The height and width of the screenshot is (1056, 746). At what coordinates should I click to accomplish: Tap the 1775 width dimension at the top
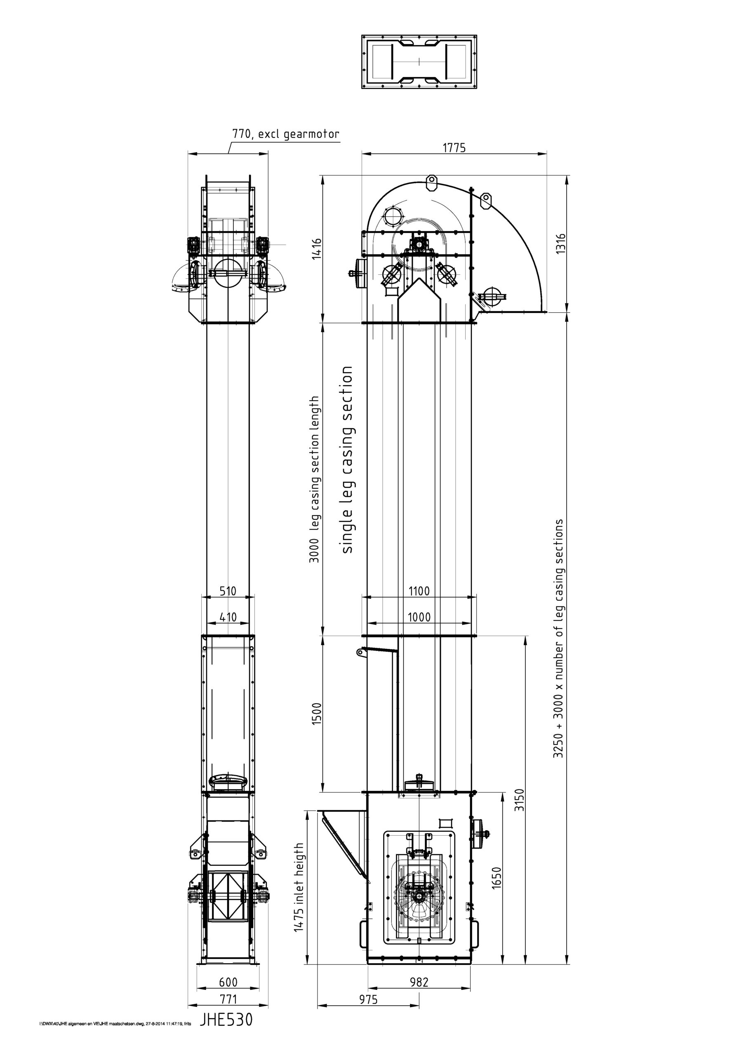(454, 148)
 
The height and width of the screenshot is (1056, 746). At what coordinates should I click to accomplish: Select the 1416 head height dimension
(317, 249)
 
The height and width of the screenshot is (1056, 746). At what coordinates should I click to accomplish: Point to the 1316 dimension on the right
(561, 244)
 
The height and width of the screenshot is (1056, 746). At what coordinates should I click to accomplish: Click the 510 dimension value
(228, 591)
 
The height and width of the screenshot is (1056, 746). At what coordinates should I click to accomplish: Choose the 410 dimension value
(228, 617)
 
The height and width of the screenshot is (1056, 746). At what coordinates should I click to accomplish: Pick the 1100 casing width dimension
(419, 591)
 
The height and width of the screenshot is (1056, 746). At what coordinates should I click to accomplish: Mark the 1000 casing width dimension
(419, 617)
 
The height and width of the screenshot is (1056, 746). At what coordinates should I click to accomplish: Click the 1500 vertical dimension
(317, 714)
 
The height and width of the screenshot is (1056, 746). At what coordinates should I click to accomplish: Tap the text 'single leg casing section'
(346, 460)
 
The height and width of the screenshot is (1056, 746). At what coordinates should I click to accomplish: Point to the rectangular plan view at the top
(419, 61)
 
